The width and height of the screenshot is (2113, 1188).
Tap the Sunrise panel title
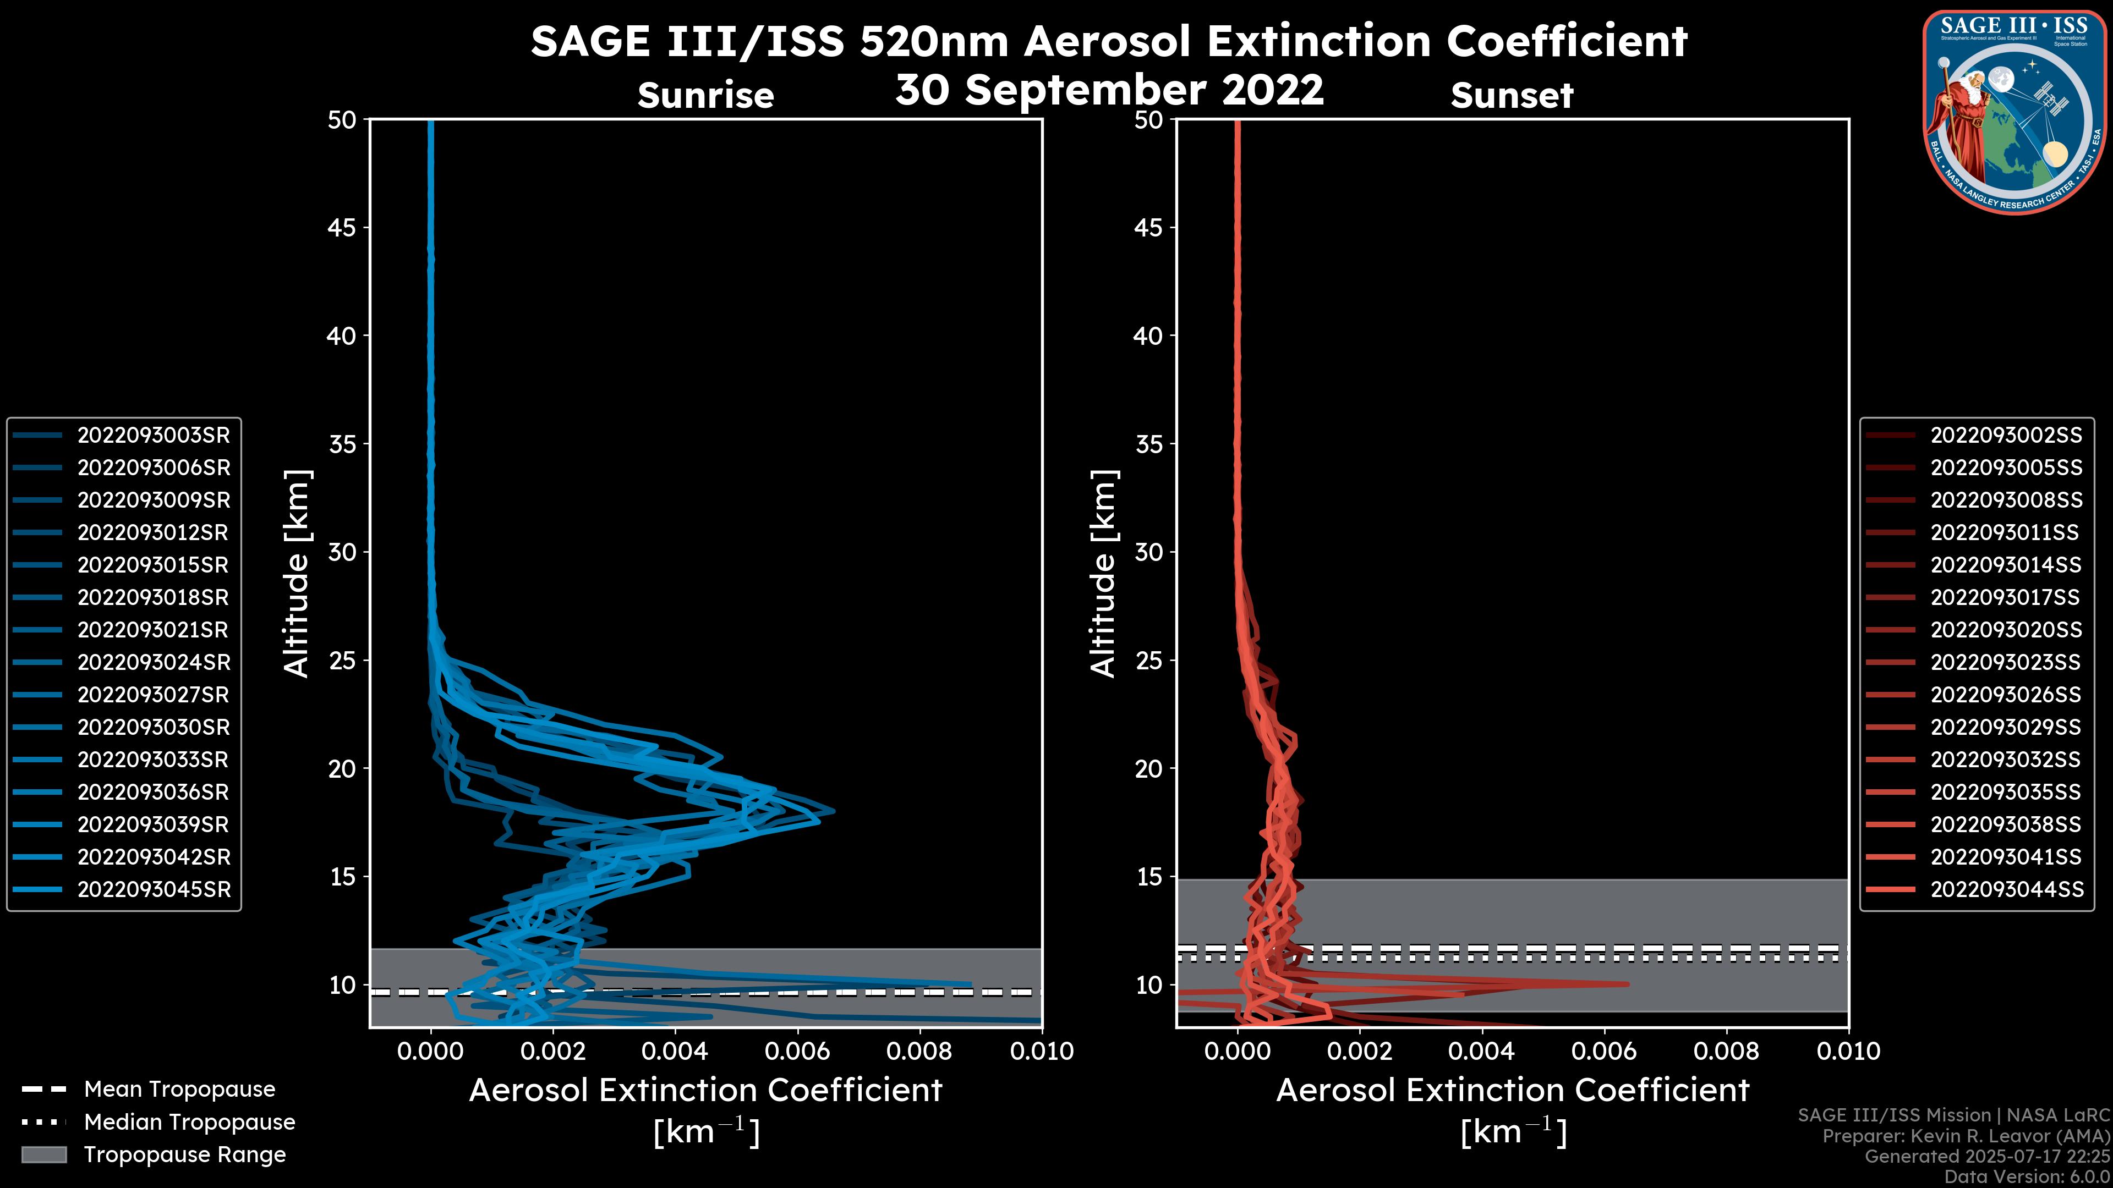(705, 96)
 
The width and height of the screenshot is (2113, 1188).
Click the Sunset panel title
(1512, 96)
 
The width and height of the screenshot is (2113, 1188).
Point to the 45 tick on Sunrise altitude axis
(342, 228)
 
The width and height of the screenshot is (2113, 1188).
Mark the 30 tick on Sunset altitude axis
(1148, 553)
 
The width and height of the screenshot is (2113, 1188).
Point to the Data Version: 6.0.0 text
(2028, 1178)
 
